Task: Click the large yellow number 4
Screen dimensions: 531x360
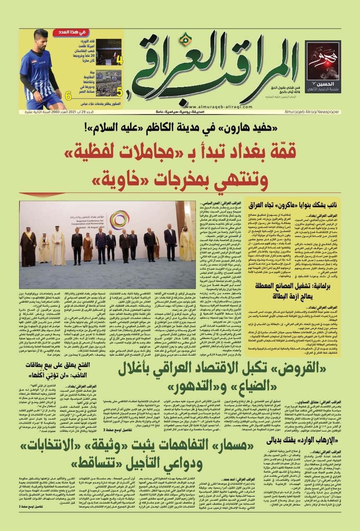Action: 119,61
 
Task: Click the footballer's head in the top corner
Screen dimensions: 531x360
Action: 41,37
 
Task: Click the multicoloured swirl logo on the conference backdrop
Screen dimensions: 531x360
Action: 119,219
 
